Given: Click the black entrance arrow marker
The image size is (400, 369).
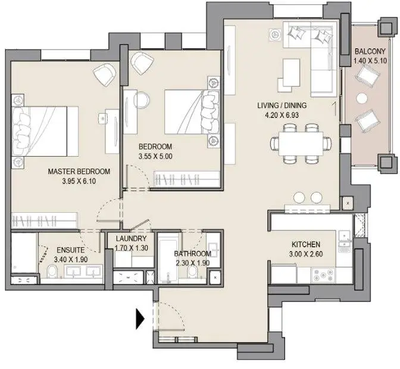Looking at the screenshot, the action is point(140,319).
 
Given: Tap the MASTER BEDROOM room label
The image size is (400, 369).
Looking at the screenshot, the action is point(79,171).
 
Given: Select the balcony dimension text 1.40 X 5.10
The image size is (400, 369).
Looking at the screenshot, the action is point(370,61).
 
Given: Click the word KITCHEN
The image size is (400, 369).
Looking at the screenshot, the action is point(306,244).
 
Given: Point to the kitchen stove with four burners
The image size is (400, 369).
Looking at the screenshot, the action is point(323,275).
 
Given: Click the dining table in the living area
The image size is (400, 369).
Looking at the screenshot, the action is point(301,143).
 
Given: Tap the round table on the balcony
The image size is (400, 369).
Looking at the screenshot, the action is point(362,98).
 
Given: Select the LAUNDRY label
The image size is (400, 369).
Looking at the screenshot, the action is point(131,238).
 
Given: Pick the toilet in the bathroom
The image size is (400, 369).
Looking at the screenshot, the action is point(192,273).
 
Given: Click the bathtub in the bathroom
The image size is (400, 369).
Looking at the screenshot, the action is point(168,262).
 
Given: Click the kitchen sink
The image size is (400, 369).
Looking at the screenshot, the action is point(345,235).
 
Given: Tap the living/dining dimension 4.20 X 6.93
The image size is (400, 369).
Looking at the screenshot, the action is point(282,115).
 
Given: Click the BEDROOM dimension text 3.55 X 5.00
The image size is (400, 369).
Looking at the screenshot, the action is point(155,156).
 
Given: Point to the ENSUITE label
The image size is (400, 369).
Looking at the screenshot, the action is point(70,250).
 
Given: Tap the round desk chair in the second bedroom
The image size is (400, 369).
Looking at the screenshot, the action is point(141,100).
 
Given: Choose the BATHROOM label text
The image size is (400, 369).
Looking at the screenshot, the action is point(193,253).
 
